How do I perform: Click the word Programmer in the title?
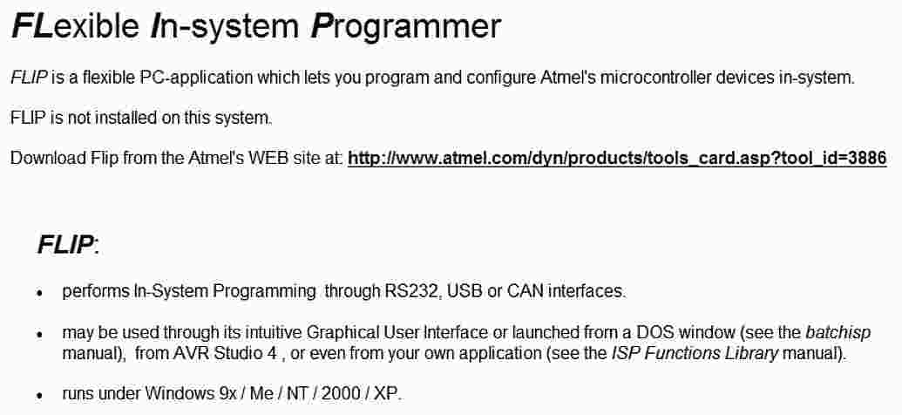pos(405,26)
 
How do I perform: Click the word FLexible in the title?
pos(75,26)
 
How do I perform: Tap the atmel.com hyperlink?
pos(617,158)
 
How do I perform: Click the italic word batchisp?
pos(838,333)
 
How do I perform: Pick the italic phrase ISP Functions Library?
pos(695,353)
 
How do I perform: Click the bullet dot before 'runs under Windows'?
pos(40,396)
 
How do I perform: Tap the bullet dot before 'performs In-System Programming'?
pos(40,294)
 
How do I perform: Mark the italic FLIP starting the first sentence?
pos(29,77)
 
